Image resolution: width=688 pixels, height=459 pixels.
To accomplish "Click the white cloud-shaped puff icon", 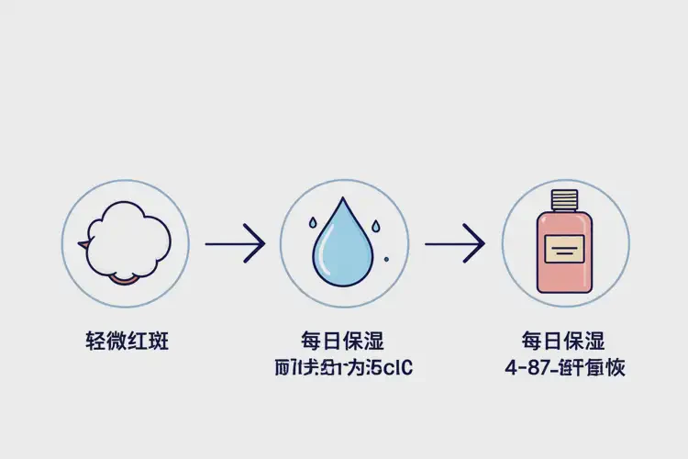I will (x=126, y=240).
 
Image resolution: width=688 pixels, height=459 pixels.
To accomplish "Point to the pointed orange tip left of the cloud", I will (x=83, y=244).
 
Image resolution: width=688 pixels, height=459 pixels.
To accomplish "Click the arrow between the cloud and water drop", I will (x=235, y=244).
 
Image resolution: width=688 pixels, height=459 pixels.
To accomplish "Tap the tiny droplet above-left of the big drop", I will (x=312, y=221).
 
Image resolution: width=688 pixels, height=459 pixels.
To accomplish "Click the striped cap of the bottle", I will (x=564, y=197).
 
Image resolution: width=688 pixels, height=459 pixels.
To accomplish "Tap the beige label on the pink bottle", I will (x=564, y=248).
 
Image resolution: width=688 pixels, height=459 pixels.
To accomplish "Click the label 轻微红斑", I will (x=125, y=342).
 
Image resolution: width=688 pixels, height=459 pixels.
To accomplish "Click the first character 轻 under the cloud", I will (x=92, y=342).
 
